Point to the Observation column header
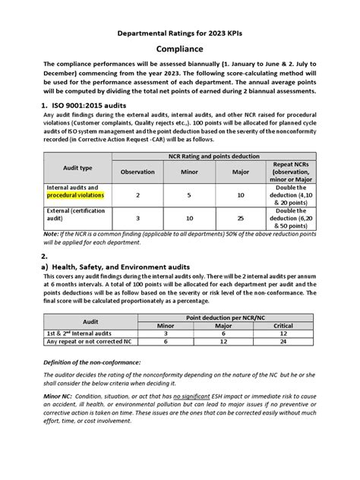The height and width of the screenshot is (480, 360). (137, 172)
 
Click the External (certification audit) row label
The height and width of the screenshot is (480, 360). (76, 216)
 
